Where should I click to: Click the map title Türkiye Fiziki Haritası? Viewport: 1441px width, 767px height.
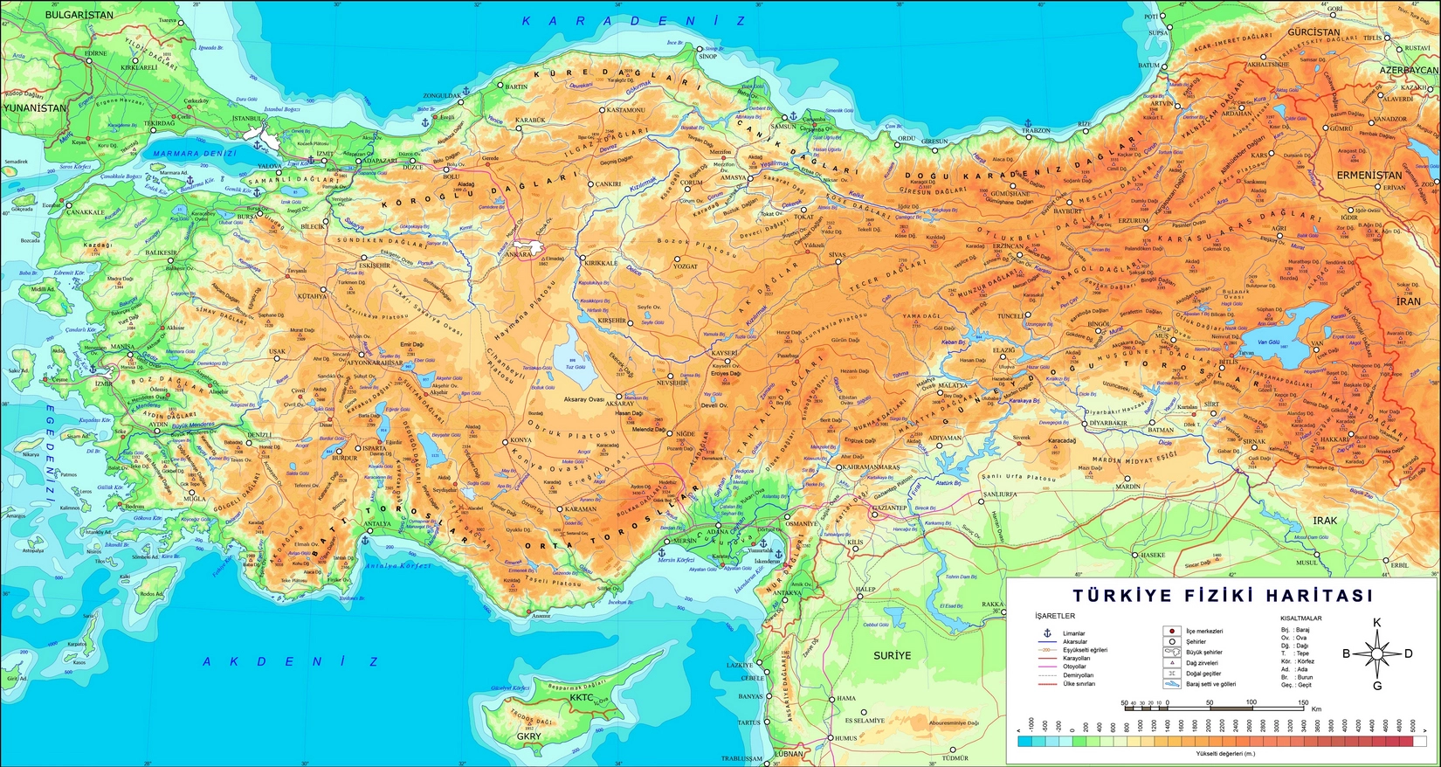pyautogui.click(x=1222, y=596)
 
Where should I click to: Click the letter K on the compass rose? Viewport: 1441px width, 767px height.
pyautogui.click(x=1377, y=623)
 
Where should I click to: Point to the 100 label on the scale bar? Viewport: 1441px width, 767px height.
pyautogui.click(x=1251, y=702)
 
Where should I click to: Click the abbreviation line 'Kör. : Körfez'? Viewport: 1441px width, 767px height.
pyautogui.click(x=1298, y=661)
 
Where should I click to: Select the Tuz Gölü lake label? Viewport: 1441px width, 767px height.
pyautogui.click(x=576, y=367)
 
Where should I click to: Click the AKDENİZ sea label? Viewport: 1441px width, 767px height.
pyautogui.click(x=291, y=661)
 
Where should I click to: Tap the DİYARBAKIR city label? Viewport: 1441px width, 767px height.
pyautogui.click(x=1108, y=423)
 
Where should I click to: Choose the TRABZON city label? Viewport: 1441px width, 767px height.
pyautogui.click(x=1036, y=131)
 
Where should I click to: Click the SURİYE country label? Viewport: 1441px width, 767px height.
pyautogui.click(x=892, y=655)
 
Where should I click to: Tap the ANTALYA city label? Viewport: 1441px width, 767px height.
pyautogui.click(x=377, y=524)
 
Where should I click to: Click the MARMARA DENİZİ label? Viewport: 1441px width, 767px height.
pyautogui.click(x=195, y=154)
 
